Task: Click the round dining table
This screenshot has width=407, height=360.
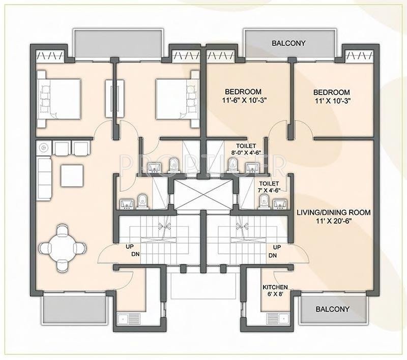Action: pyautogui.click(x=62, y=248)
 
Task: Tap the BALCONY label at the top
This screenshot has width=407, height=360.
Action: pyautogui.click(x=288, y=43)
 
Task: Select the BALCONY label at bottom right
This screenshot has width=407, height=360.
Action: pyautogui.click(x=333, y=309)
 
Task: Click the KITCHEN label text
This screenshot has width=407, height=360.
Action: pyautogui.click(x=275, y=287)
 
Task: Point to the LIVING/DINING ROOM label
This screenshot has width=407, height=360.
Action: pyautogui.click(x=334, y=213)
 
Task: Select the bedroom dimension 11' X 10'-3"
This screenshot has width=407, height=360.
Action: pyautogui.click(x=332, y=101)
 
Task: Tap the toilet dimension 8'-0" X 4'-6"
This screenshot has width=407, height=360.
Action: pyautogui.click(x=246, y=153)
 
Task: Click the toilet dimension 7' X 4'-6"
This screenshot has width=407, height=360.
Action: pyautogui.click(x=269, y=190)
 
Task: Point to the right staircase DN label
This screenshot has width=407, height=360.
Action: pyautogui.click(x=273, y=255)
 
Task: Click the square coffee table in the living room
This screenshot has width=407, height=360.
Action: pyautogui.click(x=72, y=175)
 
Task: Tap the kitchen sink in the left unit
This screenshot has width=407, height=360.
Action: pyautogui.click(x=128, y=318)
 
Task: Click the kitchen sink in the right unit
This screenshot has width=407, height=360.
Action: pyautogui.click(x=278, y=318)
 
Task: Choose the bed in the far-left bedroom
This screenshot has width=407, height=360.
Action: pyautogui.click(x=59, y=99)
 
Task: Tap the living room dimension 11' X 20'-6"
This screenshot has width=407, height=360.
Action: pyautogui.click(x=334, y=221)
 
